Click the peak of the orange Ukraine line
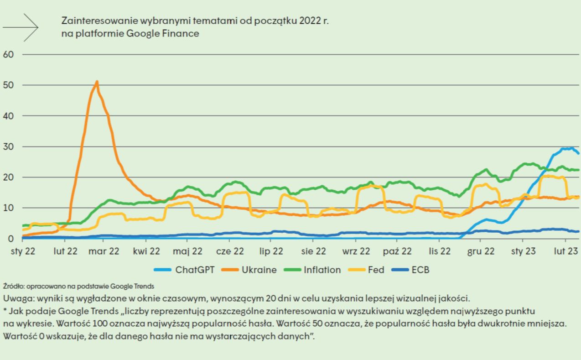point(97,82)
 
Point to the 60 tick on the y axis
point(9,54)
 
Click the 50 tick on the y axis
point(9,85)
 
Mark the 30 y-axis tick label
point(9,146)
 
